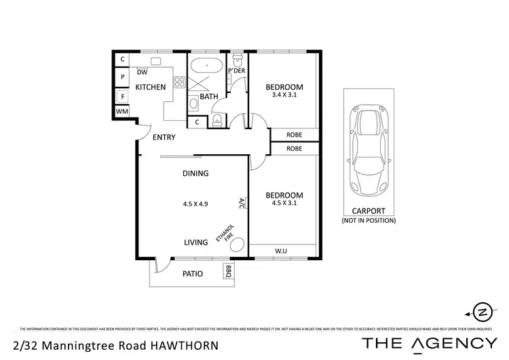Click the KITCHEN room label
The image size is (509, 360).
(x=150, y=87)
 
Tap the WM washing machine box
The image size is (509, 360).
(x=122, y=111)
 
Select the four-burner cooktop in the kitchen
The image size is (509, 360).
(x=181, y=83)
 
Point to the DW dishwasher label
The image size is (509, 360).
(x=143, y=72)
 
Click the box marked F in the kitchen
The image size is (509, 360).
(x=122, y=95)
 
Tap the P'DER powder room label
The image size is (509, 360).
(x=236, y=71)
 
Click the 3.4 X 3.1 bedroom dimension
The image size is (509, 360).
(x=284, y=95)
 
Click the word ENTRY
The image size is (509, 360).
(x=164, y=137)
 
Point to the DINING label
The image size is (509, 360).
(x=195, y=173)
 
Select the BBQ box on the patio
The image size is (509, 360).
(x=227, y=272)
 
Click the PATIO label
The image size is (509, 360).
(x=195, y=274)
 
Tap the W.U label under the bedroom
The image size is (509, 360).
(x=280, y=251)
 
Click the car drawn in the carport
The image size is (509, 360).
(x=369, y=150)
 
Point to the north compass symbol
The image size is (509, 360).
(x=481, y=312)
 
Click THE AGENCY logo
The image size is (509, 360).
(x=429, y=343)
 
